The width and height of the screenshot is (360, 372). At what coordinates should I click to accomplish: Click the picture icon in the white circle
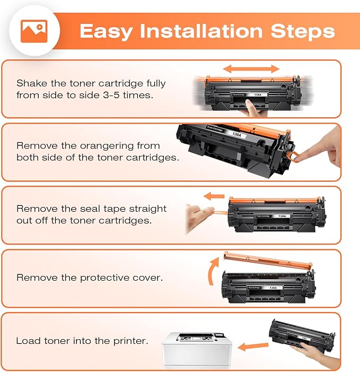pyautogui.click(x=34, y=31)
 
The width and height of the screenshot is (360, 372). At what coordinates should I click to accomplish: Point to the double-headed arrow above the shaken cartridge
pyautogui.click(x=251, y=68)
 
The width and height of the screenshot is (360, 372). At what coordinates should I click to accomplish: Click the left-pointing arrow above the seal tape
pyautogui.click(x=215, y=196)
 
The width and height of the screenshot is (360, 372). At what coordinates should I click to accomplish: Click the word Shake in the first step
pyautogui.click(x=31, y=83)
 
